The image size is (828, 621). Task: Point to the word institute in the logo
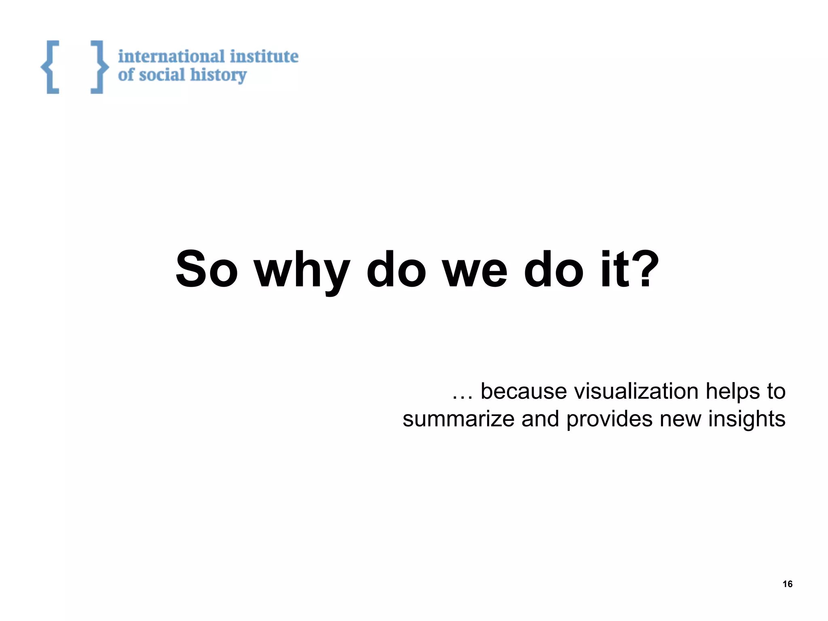264,56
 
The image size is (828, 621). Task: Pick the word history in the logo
218,76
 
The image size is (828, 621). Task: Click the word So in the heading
207,270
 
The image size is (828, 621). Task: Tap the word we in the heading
475,270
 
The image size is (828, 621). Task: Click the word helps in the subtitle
733,392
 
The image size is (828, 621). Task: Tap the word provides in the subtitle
609,420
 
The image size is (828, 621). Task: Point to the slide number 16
788,584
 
